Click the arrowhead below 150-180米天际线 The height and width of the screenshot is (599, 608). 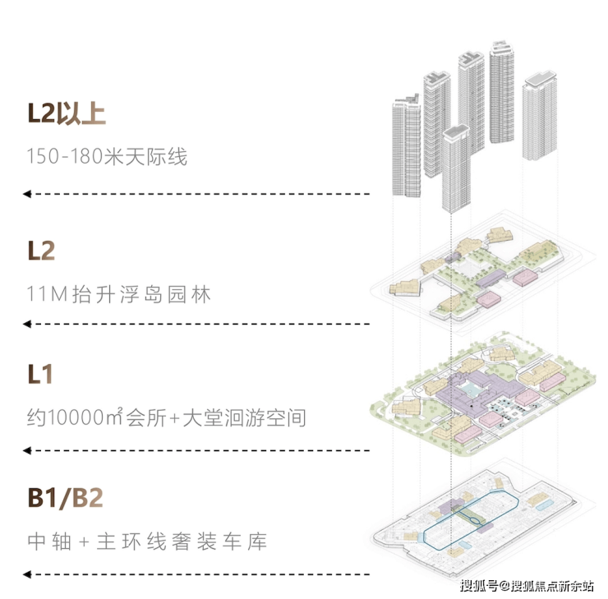pos(27,194)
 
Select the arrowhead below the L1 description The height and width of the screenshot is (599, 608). pos(27,450)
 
